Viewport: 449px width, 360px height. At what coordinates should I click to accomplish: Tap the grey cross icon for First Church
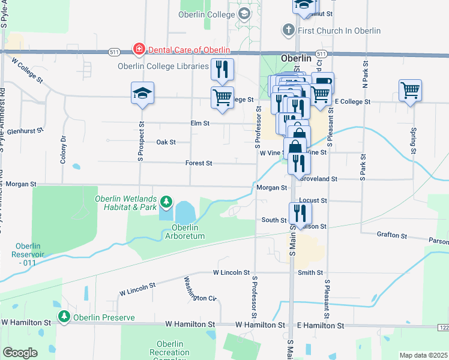(x=288, y=30)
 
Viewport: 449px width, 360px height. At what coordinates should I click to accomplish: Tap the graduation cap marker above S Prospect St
(x=142, y=93)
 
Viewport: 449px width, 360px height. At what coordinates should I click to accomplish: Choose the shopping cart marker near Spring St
(x=411, y=91)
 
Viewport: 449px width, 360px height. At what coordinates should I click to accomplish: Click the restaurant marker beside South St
(x=300, y=213)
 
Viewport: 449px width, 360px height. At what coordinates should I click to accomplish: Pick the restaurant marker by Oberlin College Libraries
(x=223, y=70)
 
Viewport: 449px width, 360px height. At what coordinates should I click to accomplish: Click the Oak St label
(x=166, y=142)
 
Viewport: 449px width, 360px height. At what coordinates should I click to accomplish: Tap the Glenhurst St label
(x=23, y=130)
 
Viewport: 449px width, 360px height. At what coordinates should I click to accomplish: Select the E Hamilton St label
(x=321, y=325)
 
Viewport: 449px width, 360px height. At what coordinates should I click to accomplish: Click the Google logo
(x=20, y=353)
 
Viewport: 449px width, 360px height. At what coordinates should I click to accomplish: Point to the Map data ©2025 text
(x=423, y=355)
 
